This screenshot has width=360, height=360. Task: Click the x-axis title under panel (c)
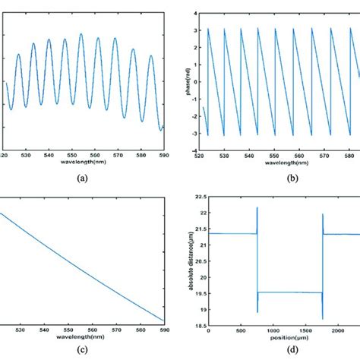click(x=89, y=339)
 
